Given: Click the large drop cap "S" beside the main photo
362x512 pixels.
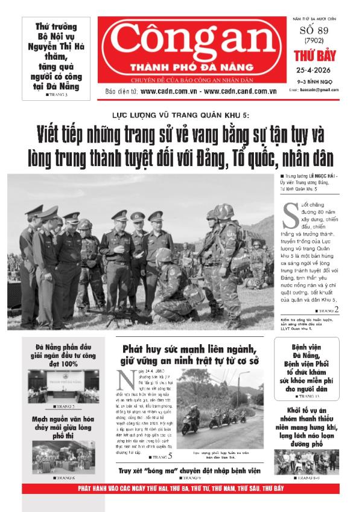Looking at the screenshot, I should click(290, 212).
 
